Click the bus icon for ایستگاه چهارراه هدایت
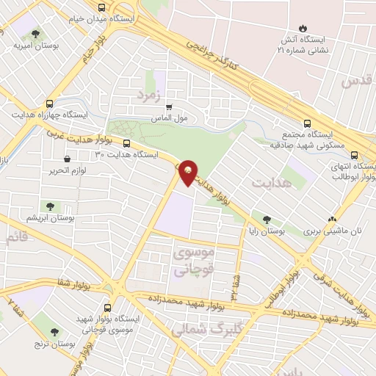click(x=49, y=104)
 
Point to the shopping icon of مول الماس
click(x=170, y=106)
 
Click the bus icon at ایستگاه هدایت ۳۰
click(x=127, y=143)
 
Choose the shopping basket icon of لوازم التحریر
click(x=68, y=159)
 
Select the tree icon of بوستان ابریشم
click(x=52, y=207)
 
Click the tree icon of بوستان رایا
click(x=267, y=219)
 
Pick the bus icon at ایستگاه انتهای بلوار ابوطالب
click(x=355, y=155)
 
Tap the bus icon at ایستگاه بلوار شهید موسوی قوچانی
click(x=108, y=308)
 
